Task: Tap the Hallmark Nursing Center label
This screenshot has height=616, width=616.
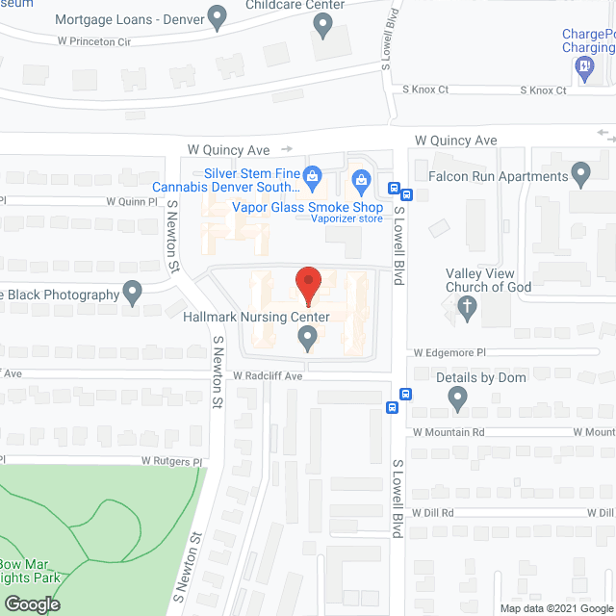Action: click(x=262, y=317)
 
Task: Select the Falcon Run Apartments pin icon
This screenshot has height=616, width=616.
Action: click(x=579, y=174)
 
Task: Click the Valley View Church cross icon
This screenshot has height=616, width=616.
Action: click(x=467, y=308)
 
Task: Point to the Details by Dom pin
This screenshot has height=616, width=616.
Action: click(x=457, y=397)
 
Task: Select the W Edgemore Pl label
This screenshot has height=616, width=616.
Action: click(x=451, y=353)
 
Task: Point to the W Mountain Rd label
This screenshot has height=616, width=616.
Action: click(x=449, y=433)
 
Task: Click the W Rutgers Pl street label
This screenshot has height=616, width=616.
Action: click(x=174, y=461)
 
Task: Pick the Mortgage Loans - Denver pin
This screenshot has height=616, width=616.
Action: click(x=218, y=15)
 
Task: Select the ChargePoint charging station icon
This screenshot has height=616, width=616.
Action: click(x=583, y=65)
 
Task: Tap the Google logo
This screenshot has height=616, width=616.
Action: click(x=32, y=604)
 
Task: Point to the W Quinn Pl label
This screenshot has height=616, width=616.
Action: click(x=131, y=202)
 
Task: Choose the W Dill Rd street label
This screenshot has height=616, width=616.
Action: click(x=434, y=513)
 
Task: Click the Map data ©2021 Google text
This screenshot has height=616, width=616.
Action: click(x=555, y=608)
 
